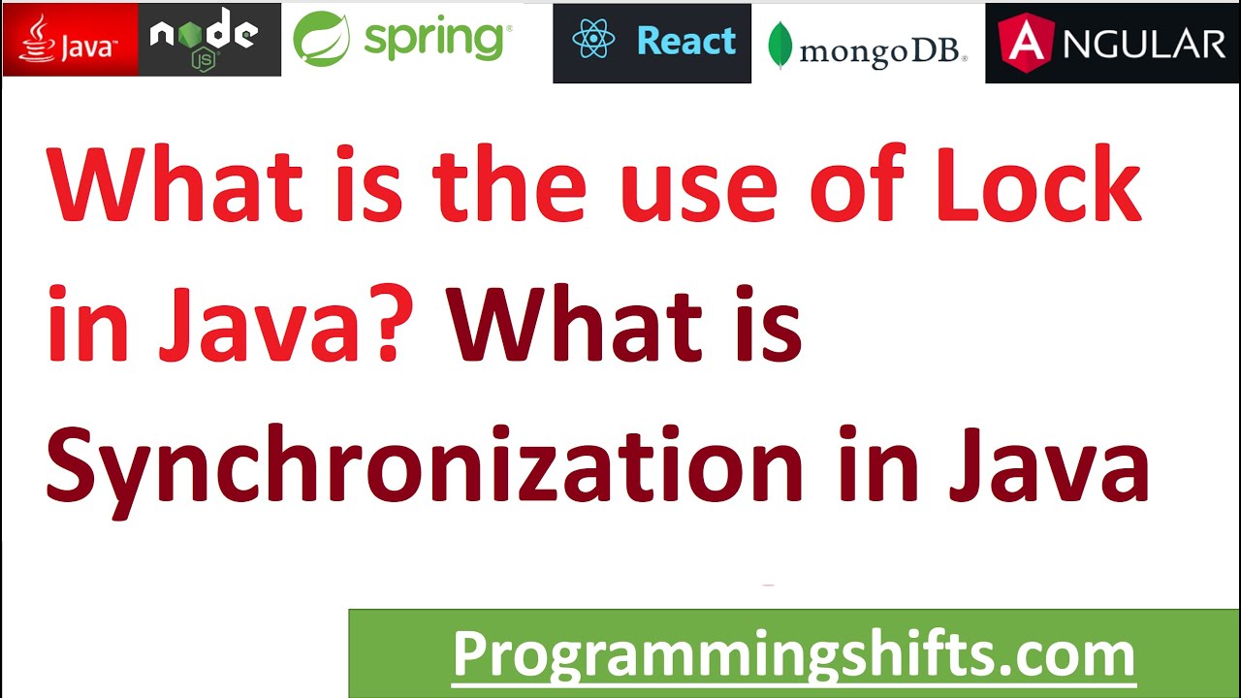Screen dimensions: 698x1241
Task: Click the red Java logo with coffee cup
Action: pyautogui.click(x=70, y=40)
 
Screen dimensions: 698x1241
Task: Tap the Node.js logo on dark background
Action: pyautogui.click(x=208, y=40)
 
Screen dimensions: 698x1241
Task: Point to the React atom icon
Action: pyautogui.click(x=593, y=42)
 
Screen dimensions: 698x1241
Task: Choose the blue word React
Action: pyautogui.click(x=686, y=42)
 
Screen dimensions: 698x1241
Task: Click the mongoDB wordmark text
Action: pyautogui.click(x=882, y=50)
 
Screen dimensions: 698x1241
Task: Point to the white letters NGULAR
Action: pyautogui.click(x=1144, y=44)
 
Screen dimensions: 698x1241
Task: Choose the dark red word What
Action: pyautogui.click(x=572, y=325)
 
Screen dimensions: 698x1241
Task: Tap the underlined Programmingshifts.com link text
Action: pyautogui.click(x=793, y=654)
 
